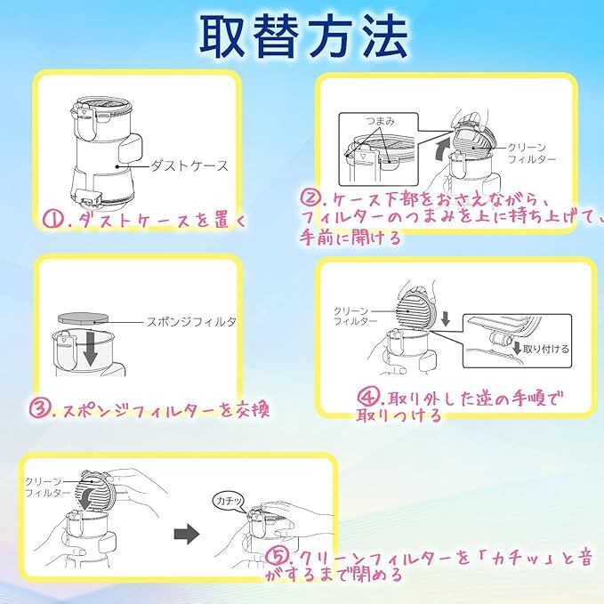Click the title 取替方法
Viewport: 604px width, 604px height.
pyautogui.click(x=303, y=36)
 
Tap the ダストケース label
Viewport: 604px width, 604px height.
pyautogui.click(x=189, y=166)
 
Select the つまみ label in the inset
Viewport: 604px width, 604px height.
pyautogui.click(x=380, y=121)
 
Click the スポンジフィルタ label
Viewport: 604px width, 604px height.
pyautogui.click(x=190, y=322)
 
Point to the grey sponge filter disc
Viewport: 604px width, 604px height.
pyautogui.click(x=83, y=318)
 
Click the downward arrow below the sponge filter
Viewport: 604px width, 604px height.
pyautogui.click(x=90, y=349)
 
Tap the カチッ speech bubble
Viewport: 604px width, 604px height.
pyautogui.click(x=229, y=501)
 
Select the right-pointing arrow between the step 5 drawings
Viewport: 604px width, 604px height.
pyautogui.click(x=187, y=534)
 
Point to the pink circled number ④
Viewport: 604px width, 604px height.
pyautogui.click(x=368, y=397)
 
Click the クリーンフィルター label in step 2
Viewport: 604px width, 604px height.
pyautogui.click(x=531, y=153)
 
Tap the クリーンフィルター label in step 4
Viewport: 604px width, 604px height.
pyautogui.click(x=355, y=316)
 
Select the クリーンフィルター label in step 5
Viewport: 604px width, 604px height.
pyautogui.click(x=47, y=487)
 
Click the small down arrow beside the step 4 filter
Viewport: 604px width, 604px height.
pyautogui.click(x=446, y=319)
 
